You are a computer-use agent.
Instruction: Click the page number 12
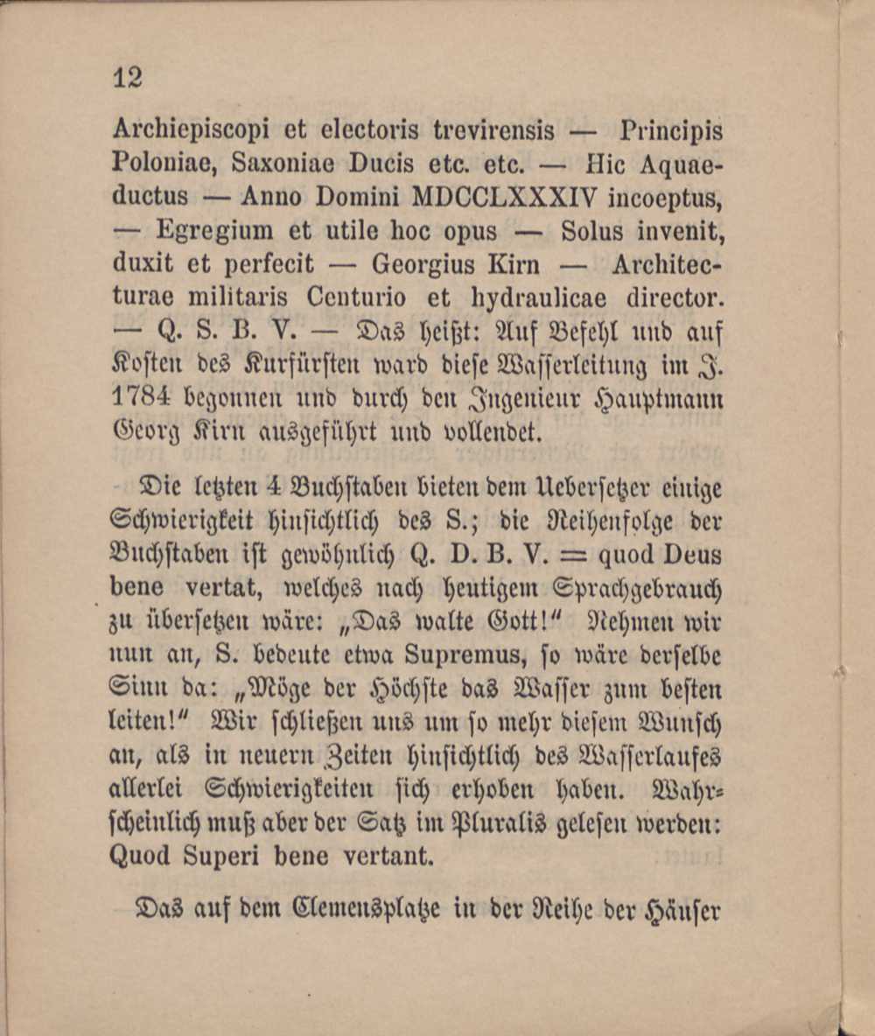pyautogui.click(x=128, y=78)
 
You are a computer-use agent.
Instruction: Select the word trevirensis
pyautogui.click(x=494, y=131)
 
